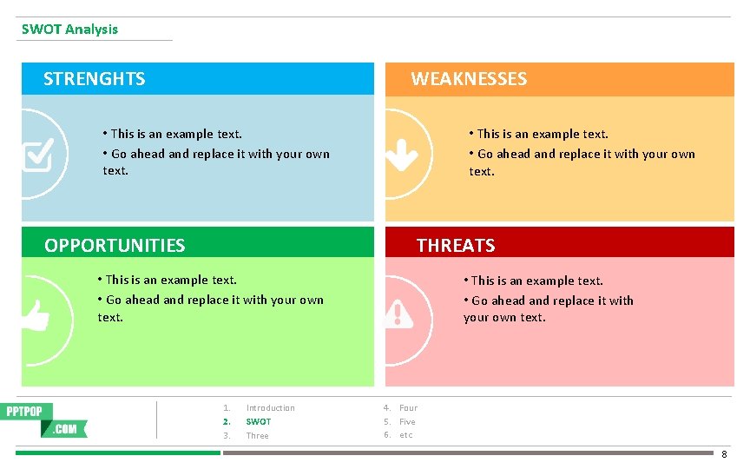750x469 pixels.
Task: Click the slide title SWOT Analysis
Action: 69,30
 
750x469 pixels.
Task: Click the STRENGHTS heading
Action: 94,79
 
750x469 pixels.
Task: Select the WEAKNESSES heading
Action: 469,79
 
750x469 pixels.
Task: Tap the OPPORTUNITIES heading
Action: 115,246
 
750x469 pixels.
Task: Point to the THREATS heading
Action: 456,246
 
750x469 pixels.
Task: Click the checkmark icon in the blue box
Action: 37,155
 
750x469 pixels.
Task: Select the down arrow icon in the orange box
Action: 401,155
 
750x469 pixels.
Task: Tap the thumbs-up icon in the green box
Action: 36,314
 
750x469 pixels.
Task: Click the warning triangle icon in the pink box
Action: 398,313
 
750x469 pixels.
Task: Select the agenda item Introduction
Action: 270,408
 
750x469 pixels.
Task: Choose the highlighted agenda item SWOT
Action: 259,422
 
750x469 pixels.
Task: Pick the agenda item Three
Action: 257,436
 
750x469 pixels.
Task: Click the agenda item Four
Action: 408,408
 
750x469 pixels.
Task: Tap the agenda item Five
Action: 407,422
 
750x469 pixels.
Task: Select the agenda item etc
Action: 406,435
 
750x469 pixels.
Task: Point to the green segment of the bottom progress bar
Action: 118,452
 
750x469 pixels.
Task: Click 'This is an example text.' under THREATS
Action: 536,281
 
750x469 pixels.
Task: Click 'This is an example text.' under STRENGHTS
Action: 174,134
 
